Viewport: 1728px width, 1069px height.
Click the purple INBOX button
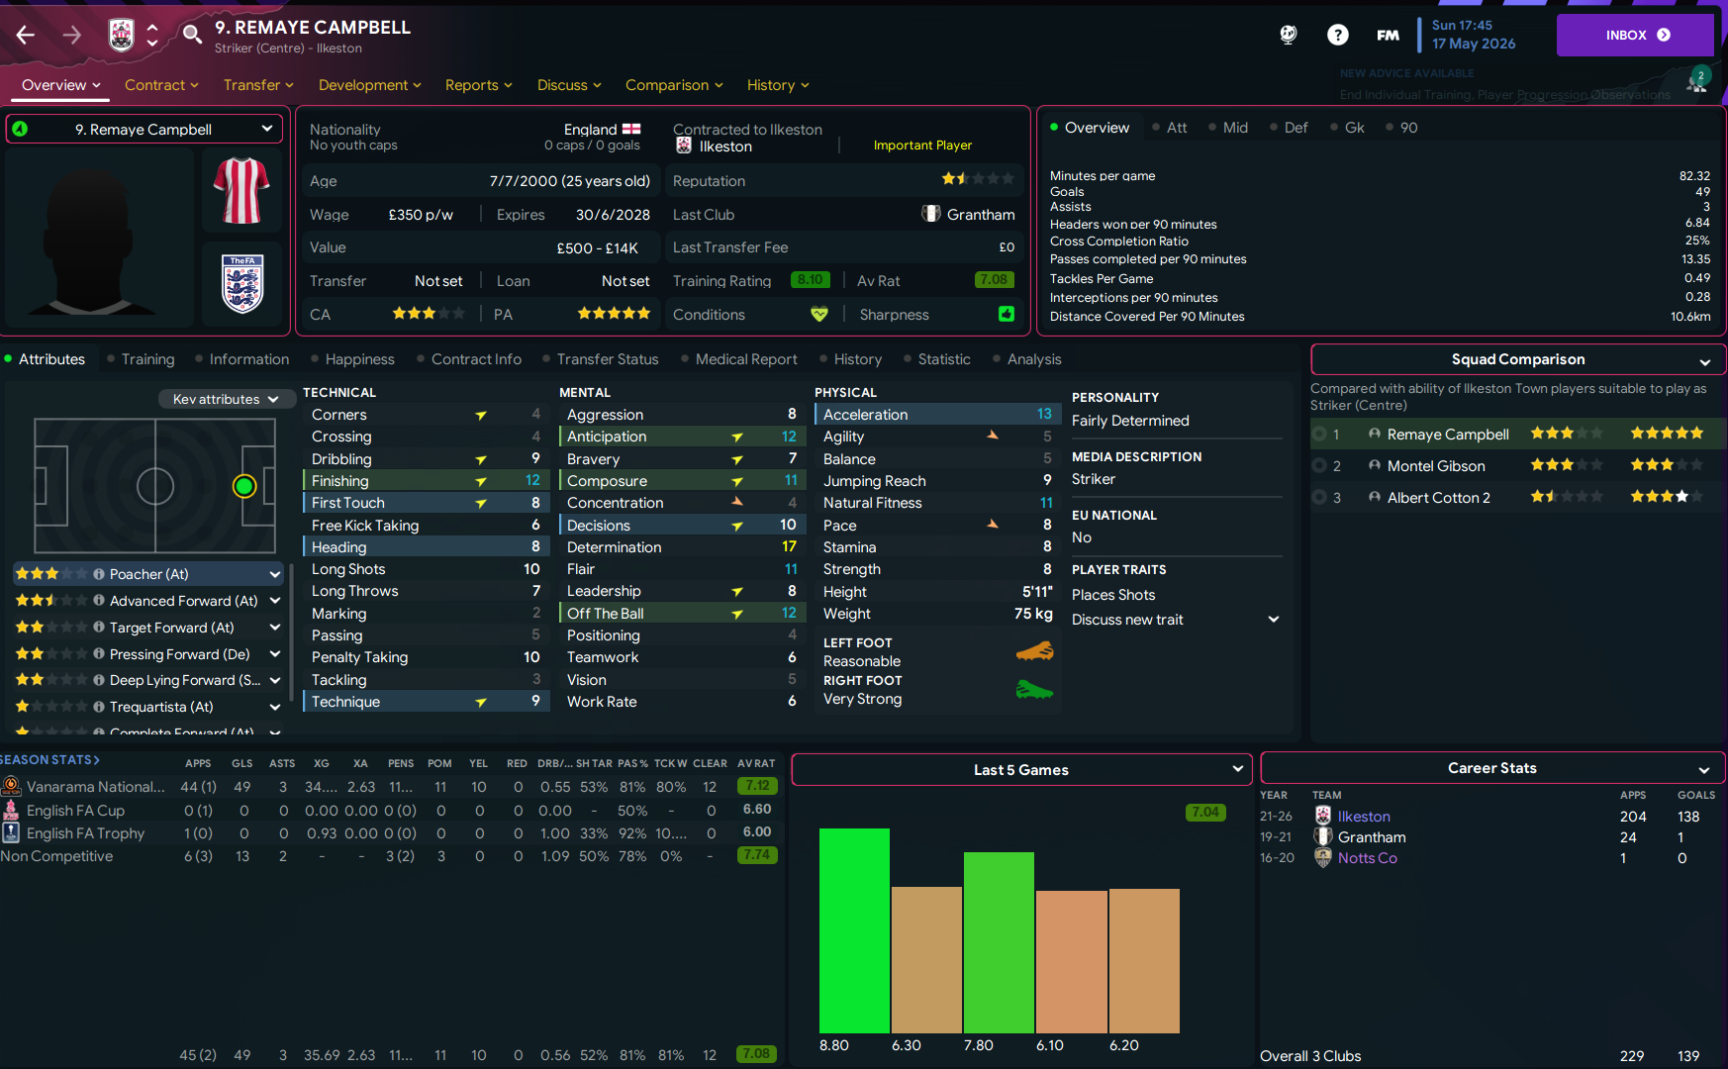click(x=1634, y=35)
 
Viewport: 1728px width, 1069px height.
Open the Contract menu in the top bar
click(x=160, y=85)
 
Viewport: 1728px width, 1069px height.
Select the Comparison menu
click(x=673, y=85)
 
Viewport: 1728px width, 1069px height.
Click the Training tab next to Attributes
click(x=147, y=359)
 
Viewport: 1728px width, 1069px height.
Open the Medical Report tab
click(x=745, y=359)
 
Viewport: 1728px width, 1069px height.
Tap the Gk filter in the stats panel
click(x=1354, y=128)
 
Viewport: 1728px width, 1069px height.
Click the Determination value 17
click(x=789, y=547)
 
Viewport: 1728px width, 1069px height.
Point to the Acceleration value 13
click(x=1044, y=414)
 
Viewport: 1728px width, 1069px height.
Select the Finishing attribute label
click(x=340, y=481)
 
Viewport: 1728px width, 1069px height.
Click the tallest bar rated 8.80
click(x=854, y=930)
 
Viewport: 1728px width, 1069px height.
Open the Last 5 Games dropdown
click(x=1021, y=770)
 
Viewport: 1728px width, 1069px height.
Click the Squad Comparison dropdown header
click(x=1517, y=359)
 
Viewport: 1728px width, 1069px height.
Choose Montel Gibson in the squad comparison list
click(x=1435, y=466)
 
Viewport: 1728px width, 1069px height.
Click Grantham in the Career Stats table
click(x=1371, y=837)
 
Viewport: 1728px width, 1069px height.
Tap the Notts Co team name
click(x=1367, y=858)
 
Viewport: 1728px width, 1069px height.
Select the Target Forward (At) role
click(x=171, y=628)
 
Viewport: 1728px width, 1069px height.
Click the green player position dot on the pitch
click(x=244, y=486)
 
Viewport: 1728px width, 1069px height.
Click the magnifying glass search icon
click(x=192, y=35)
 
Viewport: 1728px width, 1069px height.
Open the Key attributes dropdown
click(x=225, y=399)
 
